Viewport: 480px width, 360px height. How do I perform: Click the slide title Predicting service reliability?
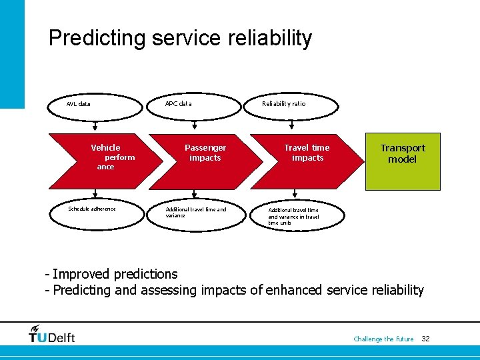tap(180, 38)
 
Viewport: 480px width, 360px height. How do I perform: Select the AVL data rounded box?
tap(95, 104)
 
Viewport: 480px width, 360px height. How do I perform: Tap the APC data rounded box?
tap(193, 104)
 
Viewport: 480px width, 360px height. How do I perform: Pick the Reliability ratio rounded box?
tap(291, 104)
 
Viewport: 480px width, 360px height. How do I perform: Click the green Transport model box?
tap(403, 161)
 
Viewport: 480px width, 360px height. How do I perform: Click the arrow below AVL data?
tap(95, 125)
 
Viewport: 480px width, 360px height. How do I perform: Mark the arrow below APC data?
tap(193, 125)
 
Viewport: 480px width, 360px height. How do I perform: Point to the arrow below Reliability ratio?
tap(291, 125)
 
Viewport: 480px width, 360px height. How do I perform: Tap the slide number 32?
tap(425, 339)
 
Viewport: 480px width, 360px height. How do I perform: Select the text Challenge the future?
tap(383, 339)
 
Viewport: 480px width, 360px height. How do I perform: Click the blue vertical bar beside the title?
tap(12, 53)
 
